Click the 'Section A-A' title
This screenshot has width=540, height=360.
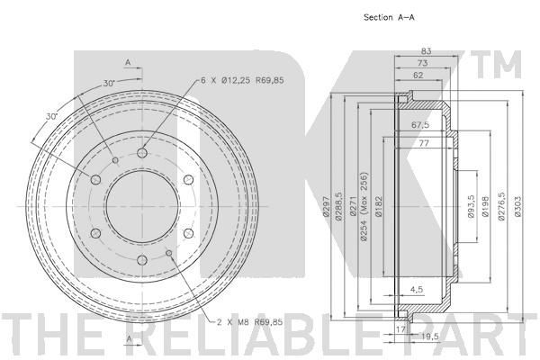pos(389,17)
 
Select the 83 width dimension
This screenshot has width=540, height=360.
pos(427,51)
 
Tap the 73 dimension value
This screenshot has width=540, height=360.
pos(423,63)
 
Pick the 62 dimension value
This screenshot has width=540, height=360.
pos(418,75)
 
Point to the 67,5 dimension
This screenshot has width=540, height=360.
pos(420,125)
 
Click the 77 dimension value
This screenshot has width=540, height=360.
pos(424,142)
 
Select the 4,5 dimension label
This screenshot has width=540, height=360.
pos(417,290)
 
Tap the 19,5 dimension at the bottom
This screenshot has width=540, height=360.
pos(430,337)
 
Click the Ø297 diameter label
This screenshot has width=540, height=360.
pos(327,206)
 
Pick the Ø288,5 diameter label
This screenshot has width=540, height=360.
pos(338,206)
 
